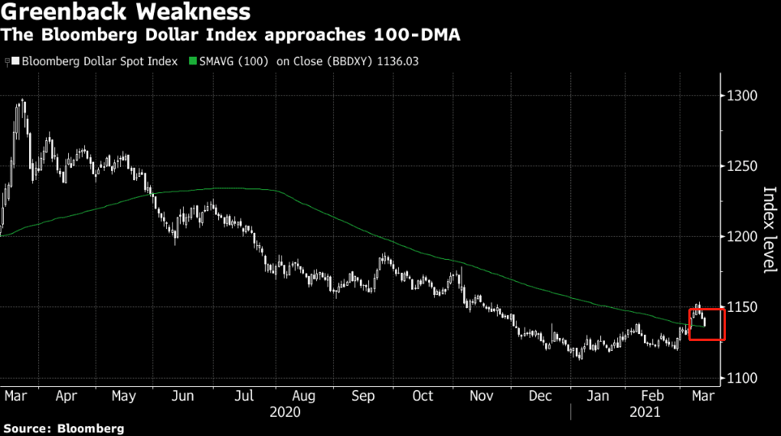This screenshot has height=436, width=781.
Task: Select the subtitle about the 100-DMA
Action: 230,35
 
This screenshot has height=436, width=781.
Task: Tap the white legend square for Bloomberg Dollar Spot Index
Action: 16,61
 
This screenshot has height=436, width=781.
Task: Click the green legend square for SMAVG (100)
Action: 193,61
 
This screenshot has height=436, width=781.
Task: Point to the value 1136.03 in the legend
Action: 397,61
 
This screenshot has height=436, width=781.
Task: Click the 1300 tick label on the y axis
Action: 742,96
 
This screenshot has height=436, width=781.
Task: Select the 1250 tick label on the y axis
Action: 742,166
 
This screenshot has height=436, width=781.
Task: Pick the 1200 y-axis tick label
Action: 742,237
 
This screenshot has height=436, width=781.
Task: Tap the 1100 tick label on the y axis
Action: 742,379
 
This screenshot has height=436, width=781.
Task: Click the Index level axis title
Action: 770,230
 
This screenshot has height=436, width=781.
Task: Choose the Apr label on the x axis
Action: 67,396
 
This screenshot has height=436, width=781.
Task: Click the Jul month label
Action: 244,396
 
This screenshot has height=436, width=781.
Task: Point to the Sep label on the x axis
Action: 363,396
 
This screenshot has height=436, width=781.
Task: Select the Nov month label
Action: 481,396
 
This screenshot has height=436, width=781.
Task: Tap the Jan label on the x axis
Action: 598,396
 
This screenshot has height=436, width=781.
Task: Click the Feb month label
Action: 652,396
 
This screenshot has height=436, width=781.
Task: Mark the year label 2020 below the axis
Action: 285,412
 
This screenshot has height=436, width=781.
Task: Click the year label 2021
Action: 645,412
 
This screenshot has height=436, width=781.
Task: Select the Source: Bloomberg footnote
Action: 64,428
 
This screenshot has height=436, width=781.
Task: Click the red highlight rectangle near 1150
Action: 689,325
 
